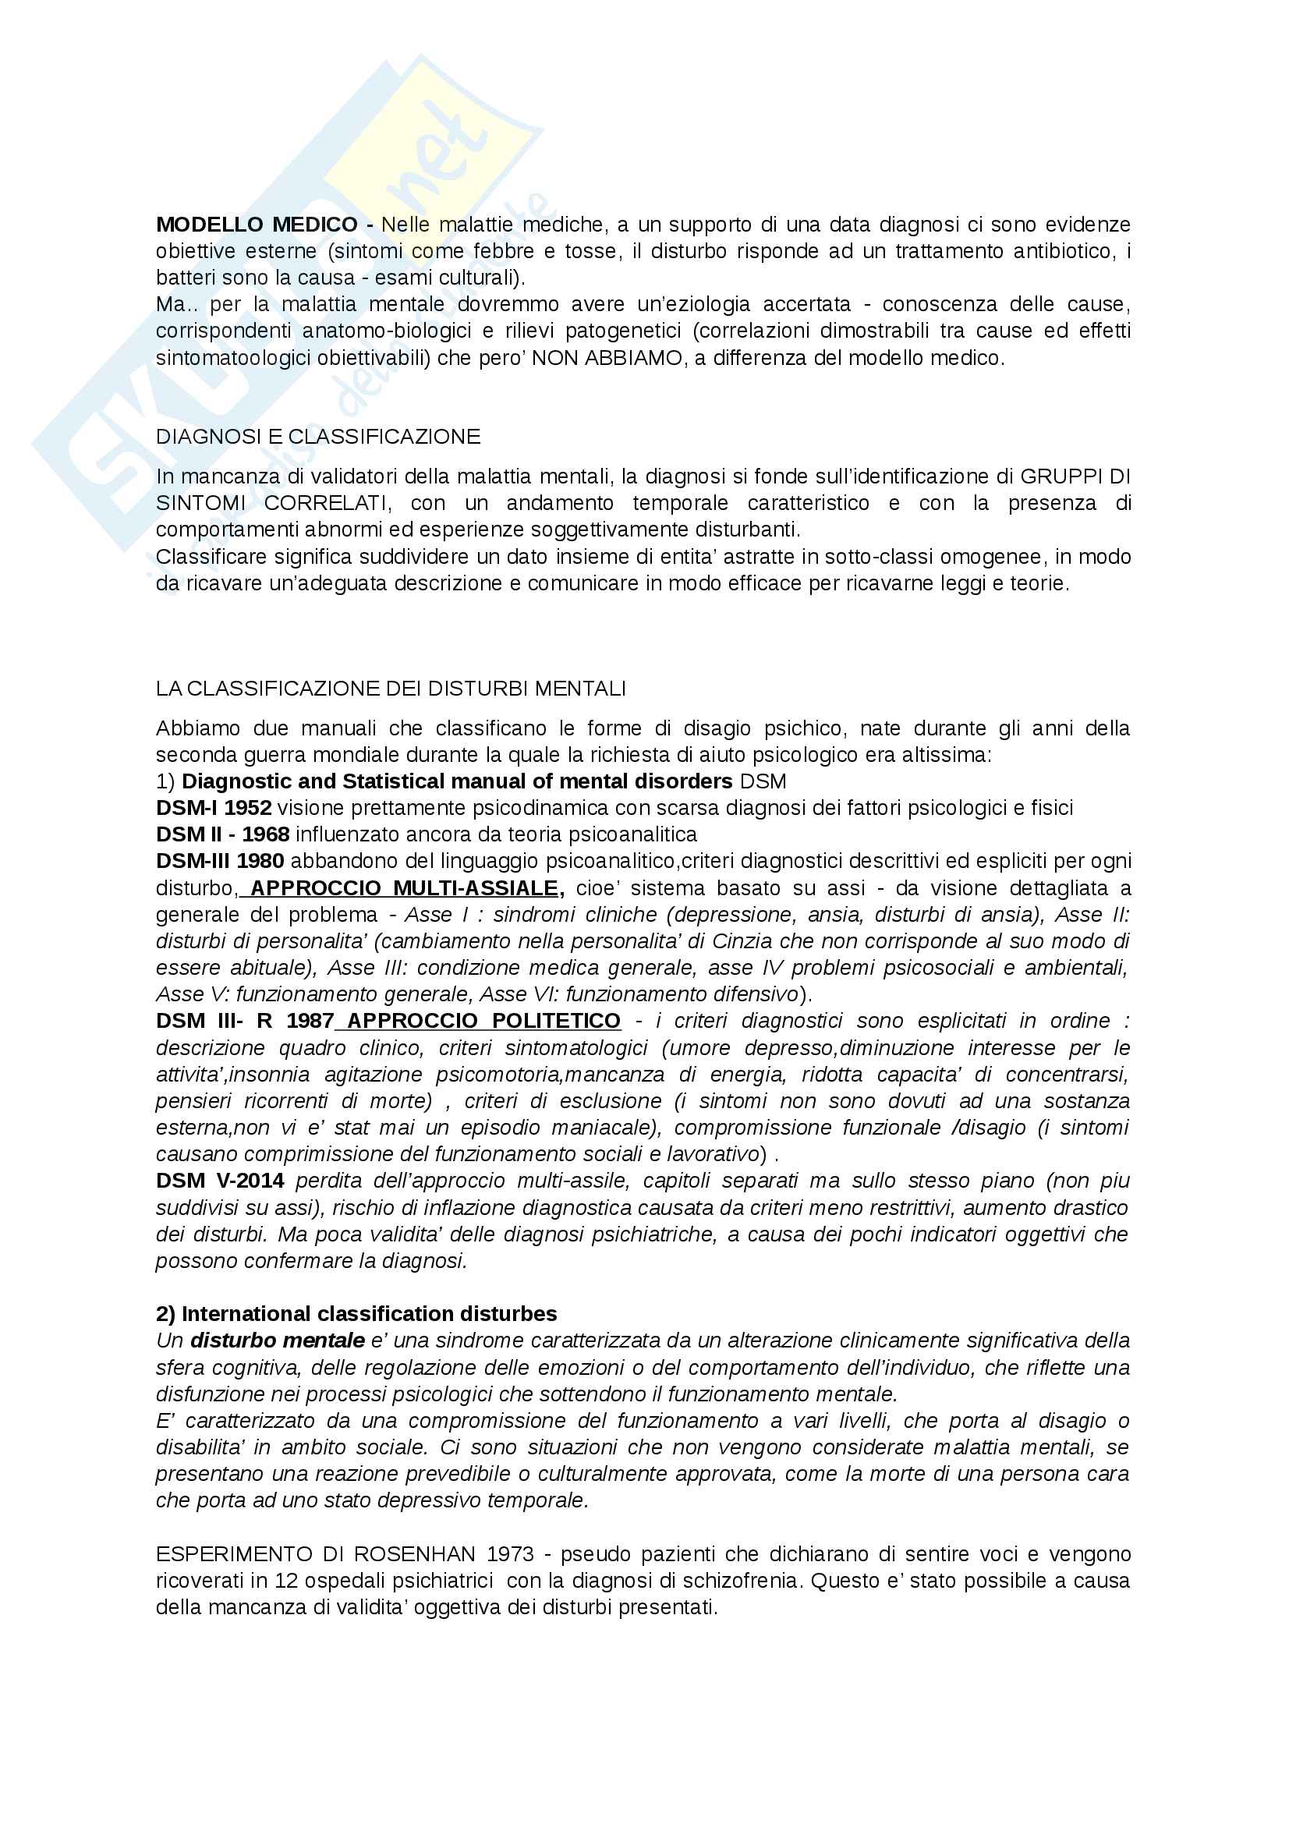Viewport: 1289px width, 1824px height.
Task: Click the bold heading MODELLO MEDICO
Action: pos(257,225)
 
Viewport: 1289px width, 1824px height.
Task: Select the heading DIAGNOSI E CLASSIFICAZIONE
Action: pos(317,437)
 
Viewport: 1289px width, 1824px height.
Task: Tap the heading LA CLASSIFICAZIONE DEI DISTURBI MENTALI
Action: pos(391,689)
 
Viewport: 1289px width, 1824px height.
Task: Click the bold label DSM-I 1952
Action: pos(214,808)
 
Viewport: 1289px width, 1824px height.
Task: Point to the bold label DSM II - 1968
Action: pos(222,835)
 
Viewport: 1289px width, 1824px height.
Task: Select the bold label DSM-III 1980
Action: pos(220,861)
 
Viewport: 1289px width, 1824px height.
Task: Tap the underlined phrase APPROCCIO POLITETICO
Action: pos(483,1021)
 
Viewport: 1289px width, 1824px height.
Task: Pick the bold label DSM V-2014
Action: pos(220,1181)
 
